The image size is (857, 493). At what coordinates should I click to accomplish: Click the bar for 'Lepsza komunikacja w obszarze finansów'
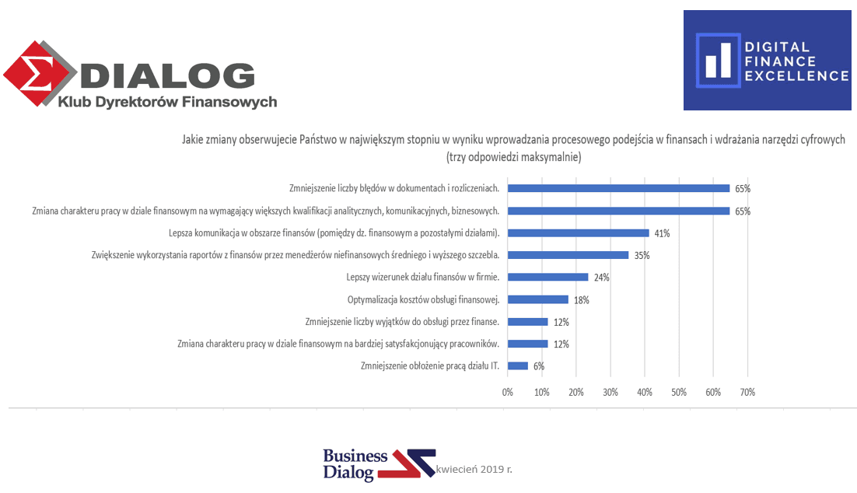coord(578,233)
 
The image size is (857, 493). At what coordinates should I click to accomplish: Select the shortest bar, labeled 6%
coord(517,365)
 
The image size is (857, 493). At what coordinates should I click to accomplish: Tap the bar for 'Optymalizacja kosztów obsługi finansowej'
coord(538,299)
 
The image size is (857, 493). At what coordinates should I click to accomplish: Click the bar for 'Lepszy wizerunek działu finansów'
coord(547,277)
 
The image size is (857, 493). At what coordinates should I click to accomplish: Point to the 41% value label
coord(662,233)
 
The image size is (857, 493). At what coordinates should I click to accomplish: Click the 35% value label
coord(642,255)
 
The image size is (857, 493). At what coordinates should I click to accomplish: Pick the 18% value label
coord(582,299)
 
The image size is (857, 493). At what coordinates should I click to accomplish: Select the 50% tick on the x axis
coord(679,393)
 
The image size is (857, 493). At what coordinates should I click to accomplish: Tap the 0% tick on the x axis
coord(508,393)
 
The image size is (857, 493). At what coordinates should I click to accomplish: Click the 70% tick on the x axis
coord(747,393)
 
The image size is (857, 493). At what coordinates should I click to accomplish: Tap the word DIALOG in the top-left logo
coord(167,75)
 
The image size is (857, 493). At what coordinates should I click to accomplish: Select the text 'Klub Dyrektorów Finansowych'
coord(167,102)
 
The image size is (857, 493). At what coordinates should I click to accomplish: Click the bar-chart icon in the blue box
coord(717,60)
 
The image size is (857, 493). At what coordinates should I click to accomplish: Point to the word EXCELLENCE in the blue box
coord(796,75)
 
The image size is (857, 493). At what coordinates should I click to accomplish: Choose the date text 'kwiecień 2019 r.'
coord(475,470)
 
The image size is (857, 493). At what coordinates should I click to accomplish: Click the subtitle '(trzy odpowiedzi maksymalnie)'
coord(513,156)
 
